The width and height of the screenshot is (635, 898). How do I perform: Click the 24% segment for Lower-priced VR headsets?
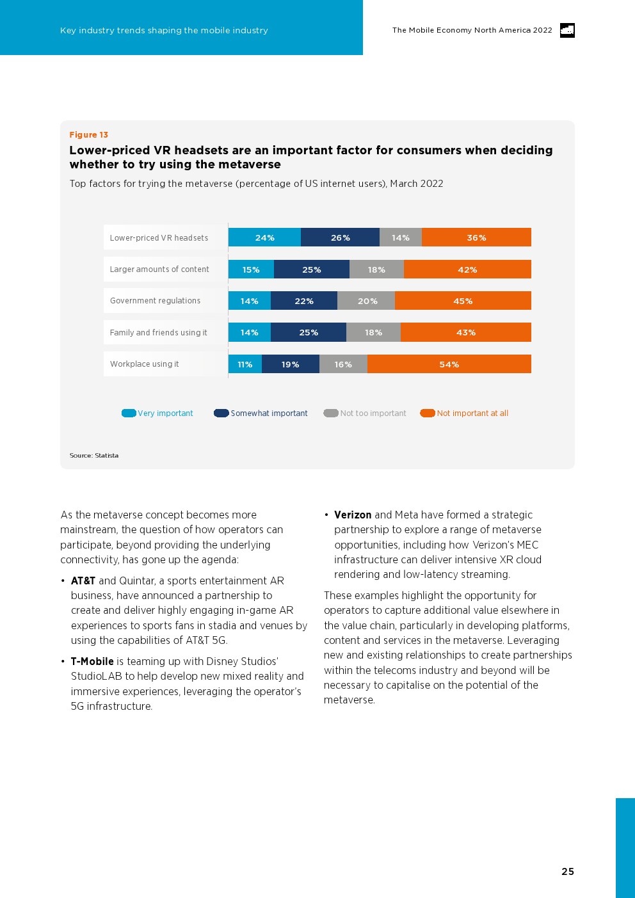point(264,237)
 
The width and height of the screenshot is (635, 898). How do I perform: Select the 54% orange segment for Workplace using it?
point(449,364)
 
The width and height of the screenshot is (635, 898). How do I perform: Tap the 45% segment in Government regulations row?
point(463,301)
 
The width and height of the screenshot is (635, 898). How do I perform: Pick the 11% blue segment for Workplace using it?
point(245,364)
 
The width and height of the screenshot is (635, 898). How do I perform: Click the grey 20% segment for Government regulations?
point(367,301)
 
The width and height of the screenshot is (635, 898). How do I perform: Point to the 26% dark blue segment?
point(340,237)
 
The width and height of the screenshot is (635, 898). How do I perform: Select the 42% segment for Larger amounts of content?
point(467,269)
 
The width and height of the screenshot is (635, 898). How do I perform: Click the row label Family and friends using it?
point(159,333)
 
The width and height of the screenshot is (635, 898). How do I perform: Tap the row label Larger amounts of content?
point(159,269)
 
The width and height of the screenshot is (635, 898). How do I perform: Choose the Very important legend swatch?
point(129,413)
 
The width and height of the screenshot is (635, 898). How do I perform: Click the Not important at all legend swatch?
point(428,413)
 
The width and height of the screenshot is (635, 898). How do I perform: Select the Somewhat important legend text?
point(269,413)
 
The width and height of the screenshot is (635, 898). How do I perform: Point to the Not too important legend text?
point(373,413)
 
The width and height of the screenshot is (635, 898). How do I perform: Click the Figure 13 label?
point(89,135)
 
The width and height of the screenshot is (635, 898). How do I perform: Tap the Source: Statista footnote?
point(94,456)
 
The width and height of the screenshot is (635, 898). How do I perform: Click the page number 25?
point(568,872)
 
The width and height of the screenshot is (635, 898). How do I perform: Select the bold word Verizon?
point(353,515)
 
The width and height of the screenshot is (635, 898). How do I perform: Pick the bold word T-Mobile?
point(92,662)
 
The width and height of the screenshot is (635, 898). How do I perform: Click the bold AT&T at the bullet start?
point(83,581)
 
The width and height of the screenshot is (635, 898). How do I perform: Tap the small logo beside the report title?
point(567,30)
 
